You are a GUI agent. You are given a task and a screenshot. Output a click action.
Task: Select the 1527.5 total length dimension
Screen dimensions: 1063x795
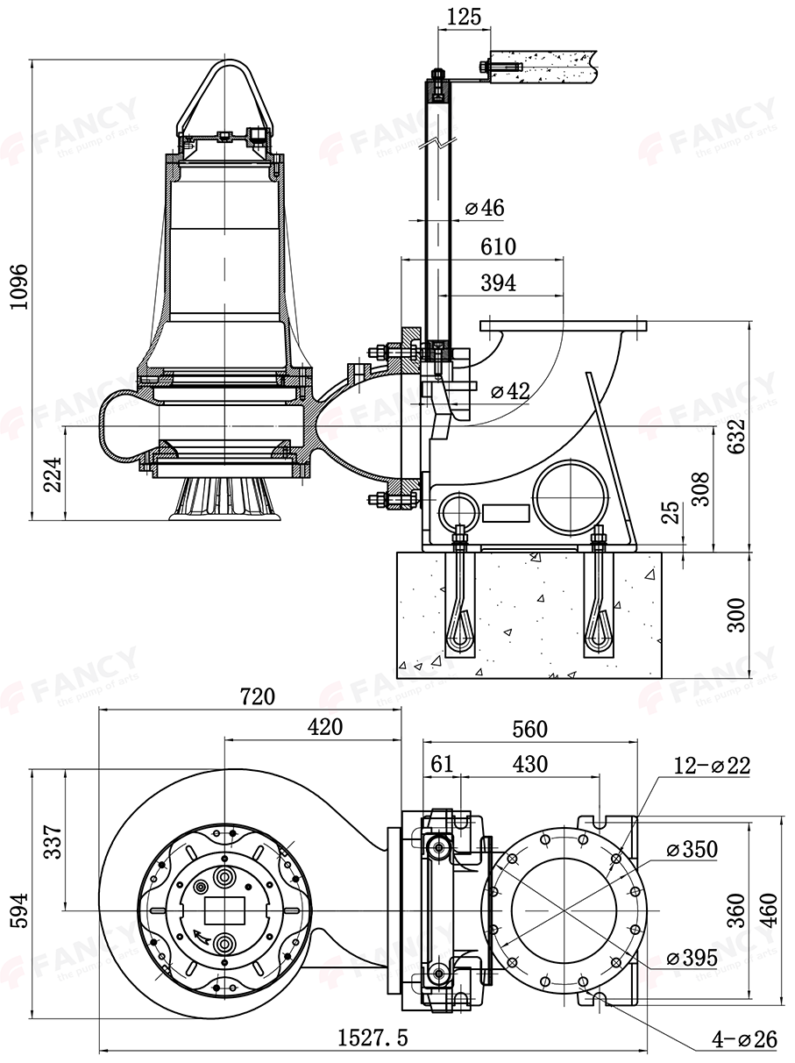373,1038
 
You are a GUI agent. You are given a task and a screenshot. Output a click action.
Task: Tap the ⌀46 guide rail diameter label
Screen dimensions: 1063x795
485,208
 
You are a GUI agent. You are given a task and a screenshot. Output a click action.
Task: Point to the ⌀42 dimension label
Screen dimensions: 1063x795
510,391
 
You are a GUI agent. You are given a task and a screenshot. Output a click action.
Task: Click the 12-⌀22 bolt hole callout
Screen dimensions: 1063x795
712,765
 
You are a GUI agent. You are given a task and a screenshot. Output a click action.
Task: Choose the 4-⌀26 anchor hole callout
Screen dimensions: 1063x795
744,1040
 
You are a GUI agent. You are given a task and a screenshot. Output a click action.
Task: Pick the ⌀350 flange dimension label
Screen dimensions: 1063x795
692,849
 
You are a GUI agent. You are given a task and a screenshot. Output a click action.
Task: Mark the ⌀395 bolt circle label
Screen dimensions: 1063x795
692,958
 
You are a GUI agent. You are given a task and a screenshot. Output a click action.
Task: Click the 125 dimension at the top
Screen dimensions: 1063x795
464,17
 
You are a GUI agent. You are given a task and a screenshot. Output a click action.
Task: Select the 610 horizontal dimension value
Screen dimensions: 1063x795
498,247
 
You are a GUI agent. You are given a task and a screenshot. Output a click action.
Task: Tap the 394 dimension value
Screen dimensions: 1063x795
498,283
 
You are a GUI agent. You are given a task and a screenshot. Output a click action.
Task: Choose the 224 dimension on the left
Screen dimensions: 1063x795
52,474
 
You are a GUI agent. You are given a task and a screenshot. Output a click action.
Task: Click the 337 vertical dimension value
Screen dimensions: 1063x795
52,842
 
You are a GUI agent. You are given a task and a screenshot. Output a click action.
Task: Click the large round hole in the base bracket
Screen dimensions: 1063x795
569,492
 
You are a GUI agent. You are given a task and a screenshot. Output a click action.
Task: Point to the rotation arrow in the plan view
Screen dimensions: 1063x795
203,936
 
